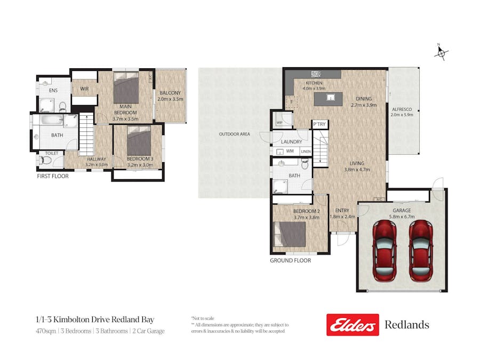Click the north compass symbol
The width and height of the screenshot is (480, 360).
point(441,52)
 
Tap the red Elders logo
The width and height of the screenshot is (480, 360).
point(353,325)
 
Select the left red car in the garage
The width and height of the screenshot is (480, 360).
point(384,250)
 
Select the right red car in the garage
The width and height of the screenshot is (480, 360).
point(420,250)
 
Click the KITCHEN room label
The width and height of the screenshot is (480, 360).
point(313,83)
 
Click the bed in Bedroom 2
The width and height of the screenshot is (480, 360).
point(290,234)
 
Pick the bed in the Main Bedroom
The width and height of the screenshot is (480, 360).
point(126,89)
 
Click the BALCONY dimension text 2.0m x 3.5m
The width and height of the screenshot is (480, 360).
point(171,99)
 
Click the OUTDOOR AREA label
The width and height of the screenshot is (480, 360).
point(234,134)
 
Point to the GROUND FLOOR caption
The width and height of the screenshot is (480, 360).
point(290,260)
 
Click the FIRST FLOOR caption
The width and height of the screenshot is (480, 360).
point(52,176)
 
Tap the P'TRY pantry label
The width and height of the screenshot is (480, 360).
point(319,124)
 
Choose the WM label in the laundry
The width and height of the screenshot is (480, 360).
point(290,151)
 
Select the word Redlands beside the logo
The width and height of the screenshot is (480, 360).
point(406,325)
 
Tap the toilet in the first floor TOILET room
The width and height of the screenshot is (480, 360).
point(47,159)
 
